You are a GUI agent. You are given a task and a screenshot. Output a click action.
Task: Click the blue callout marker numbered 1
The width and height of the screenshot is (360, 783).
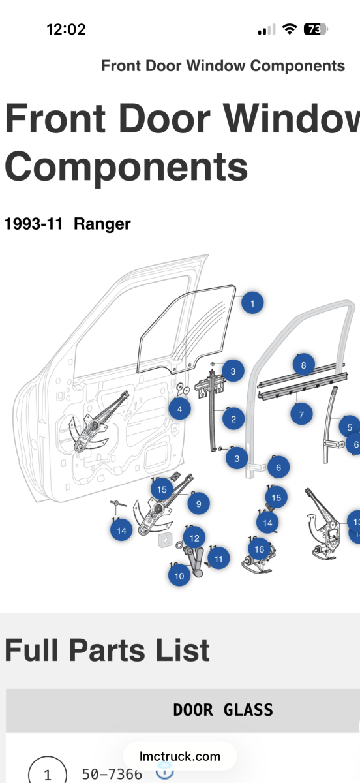tap(252, 303)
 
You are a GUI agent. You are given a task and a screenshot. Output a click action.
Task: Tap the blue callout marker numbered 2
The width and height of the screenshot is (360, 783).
tap(233, 419)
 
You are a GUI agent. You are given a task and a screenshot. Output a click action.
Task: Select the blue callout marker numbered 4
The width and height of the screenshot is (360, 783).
tap(179, 410)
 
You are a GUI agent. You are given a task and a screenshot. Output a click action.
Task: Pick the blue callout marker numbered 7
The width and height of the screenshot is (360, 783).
tap(301, 414)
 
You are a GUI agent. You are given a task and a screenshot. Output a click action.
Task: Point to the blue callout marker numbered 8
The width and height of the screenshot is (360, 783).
tap(303, 365)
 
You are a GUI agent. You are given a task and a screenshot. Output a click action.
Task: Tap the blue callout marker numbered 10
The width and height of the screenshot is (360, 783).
tap(179, 576)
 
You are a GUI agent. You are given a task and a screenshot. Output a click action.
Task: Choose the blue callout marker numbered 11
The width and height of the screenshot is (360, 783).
tap(218, 559)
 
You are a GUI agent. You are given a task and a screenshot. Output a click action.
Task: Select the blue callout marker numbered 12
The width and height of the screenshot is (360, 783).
tap(194, 538)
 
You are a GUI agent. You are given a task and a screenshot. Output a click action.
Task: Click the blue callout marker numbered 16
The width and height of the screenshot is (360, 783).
tap(259, 549)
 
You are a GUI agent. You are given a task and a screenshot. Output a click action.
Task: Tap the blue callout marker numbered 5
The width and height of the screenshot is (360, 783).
tap(350, 427)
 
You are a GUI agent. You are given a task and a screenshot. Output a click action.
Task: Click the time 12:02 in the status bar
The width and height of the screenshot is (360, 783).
tap(66, 29)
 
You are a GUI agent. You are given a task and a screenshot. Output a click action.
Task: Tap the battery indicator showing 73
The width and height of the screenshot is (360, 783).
tap(316, 29)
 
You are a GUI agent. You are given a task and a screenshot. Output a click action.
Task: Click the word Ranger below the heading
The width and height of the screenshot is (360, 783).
tap(102, 224)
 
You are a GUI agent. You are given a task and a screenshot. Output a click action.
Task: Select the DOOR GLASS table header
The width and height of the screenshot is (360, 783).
tap(222, 710)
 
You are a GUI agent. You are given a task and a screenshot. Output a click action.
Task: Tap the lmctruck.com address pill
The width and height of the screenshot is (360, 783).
tap(180, 757)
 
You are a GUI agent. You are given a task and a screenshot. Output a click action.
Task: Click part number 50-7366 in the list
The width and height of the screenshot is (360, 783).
tap(112, 774)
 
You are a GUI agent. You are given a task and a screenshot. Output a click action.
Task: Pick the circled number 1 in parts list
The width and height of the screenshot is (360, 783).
tap(47, 775)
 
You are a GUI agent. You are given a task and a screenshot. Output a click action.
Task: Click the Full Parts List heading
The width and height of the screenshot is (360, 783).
tap(108, 651)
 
